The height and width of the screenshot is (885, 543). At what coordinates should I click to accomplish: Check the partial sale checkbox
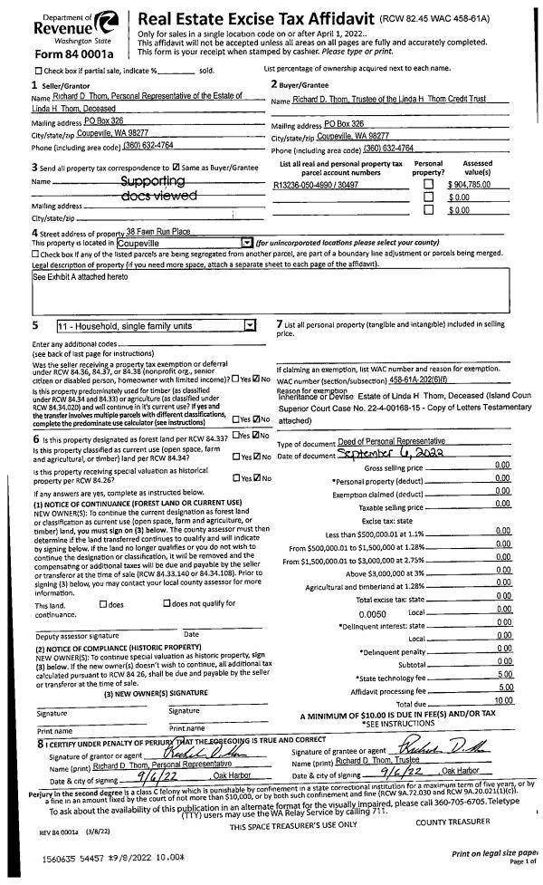point(37,71)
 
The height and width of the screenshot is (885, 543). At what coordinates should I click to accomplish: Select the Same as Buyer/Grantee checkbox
point(176,168)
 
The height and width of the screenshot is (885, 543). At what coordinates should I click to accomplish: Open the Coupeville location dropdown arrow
point(246,243)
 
